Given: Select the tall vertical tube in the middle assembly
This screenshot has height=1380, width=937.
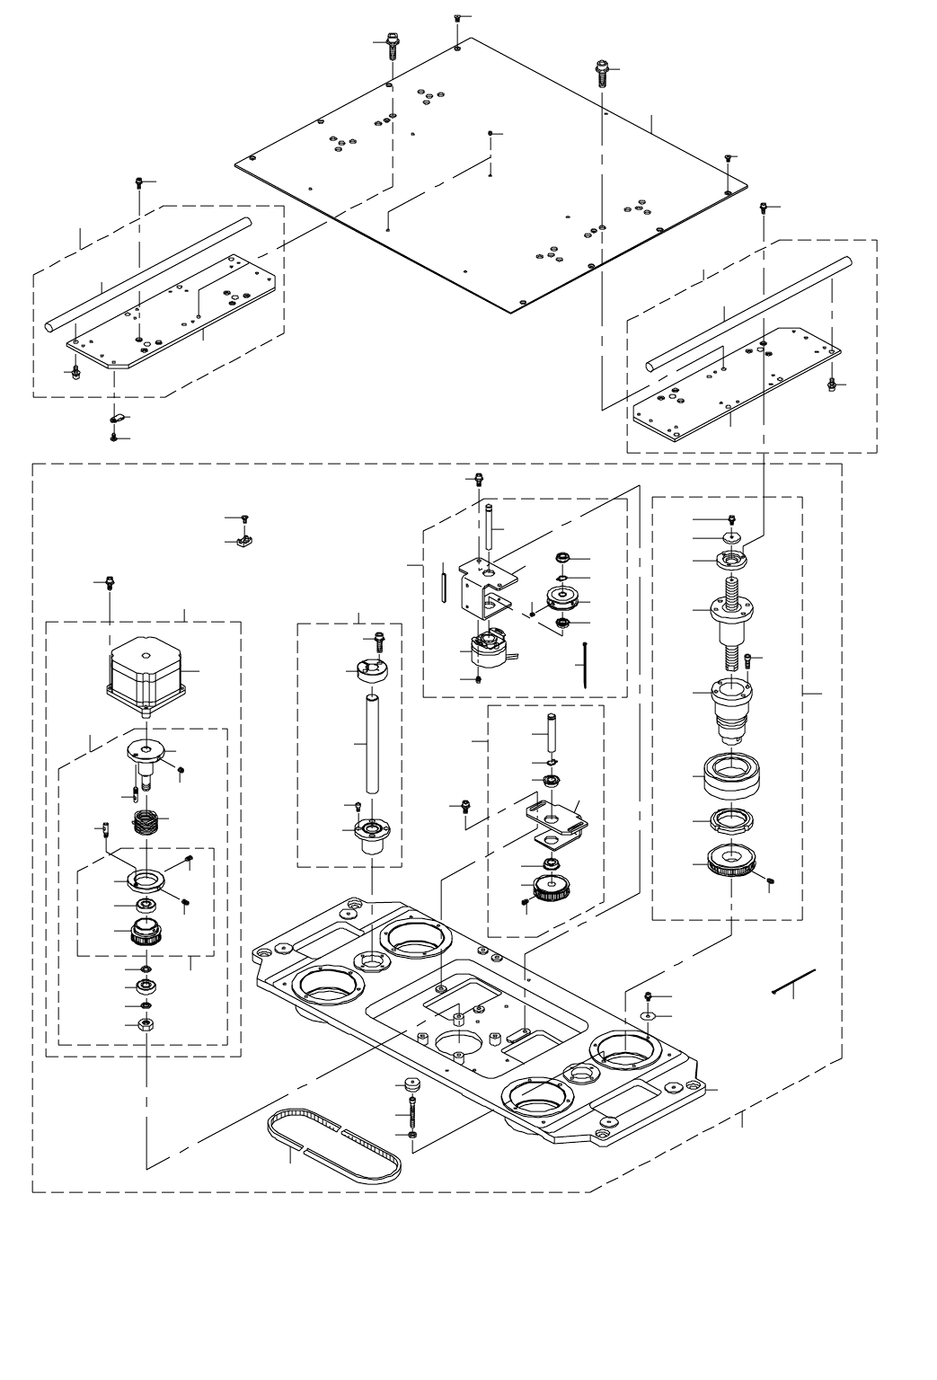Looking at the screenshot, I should tap(371, 743).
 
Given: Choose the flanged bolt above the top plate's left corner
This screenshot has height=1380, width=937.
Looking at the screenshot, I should tap(392, 45).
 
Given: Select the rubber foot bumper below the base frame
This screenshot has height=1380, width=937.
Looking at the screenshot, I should tap(412, 1084).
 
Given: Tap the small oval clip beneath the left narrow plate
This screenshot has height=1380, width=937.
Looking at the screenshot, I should tap(116, 418).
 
